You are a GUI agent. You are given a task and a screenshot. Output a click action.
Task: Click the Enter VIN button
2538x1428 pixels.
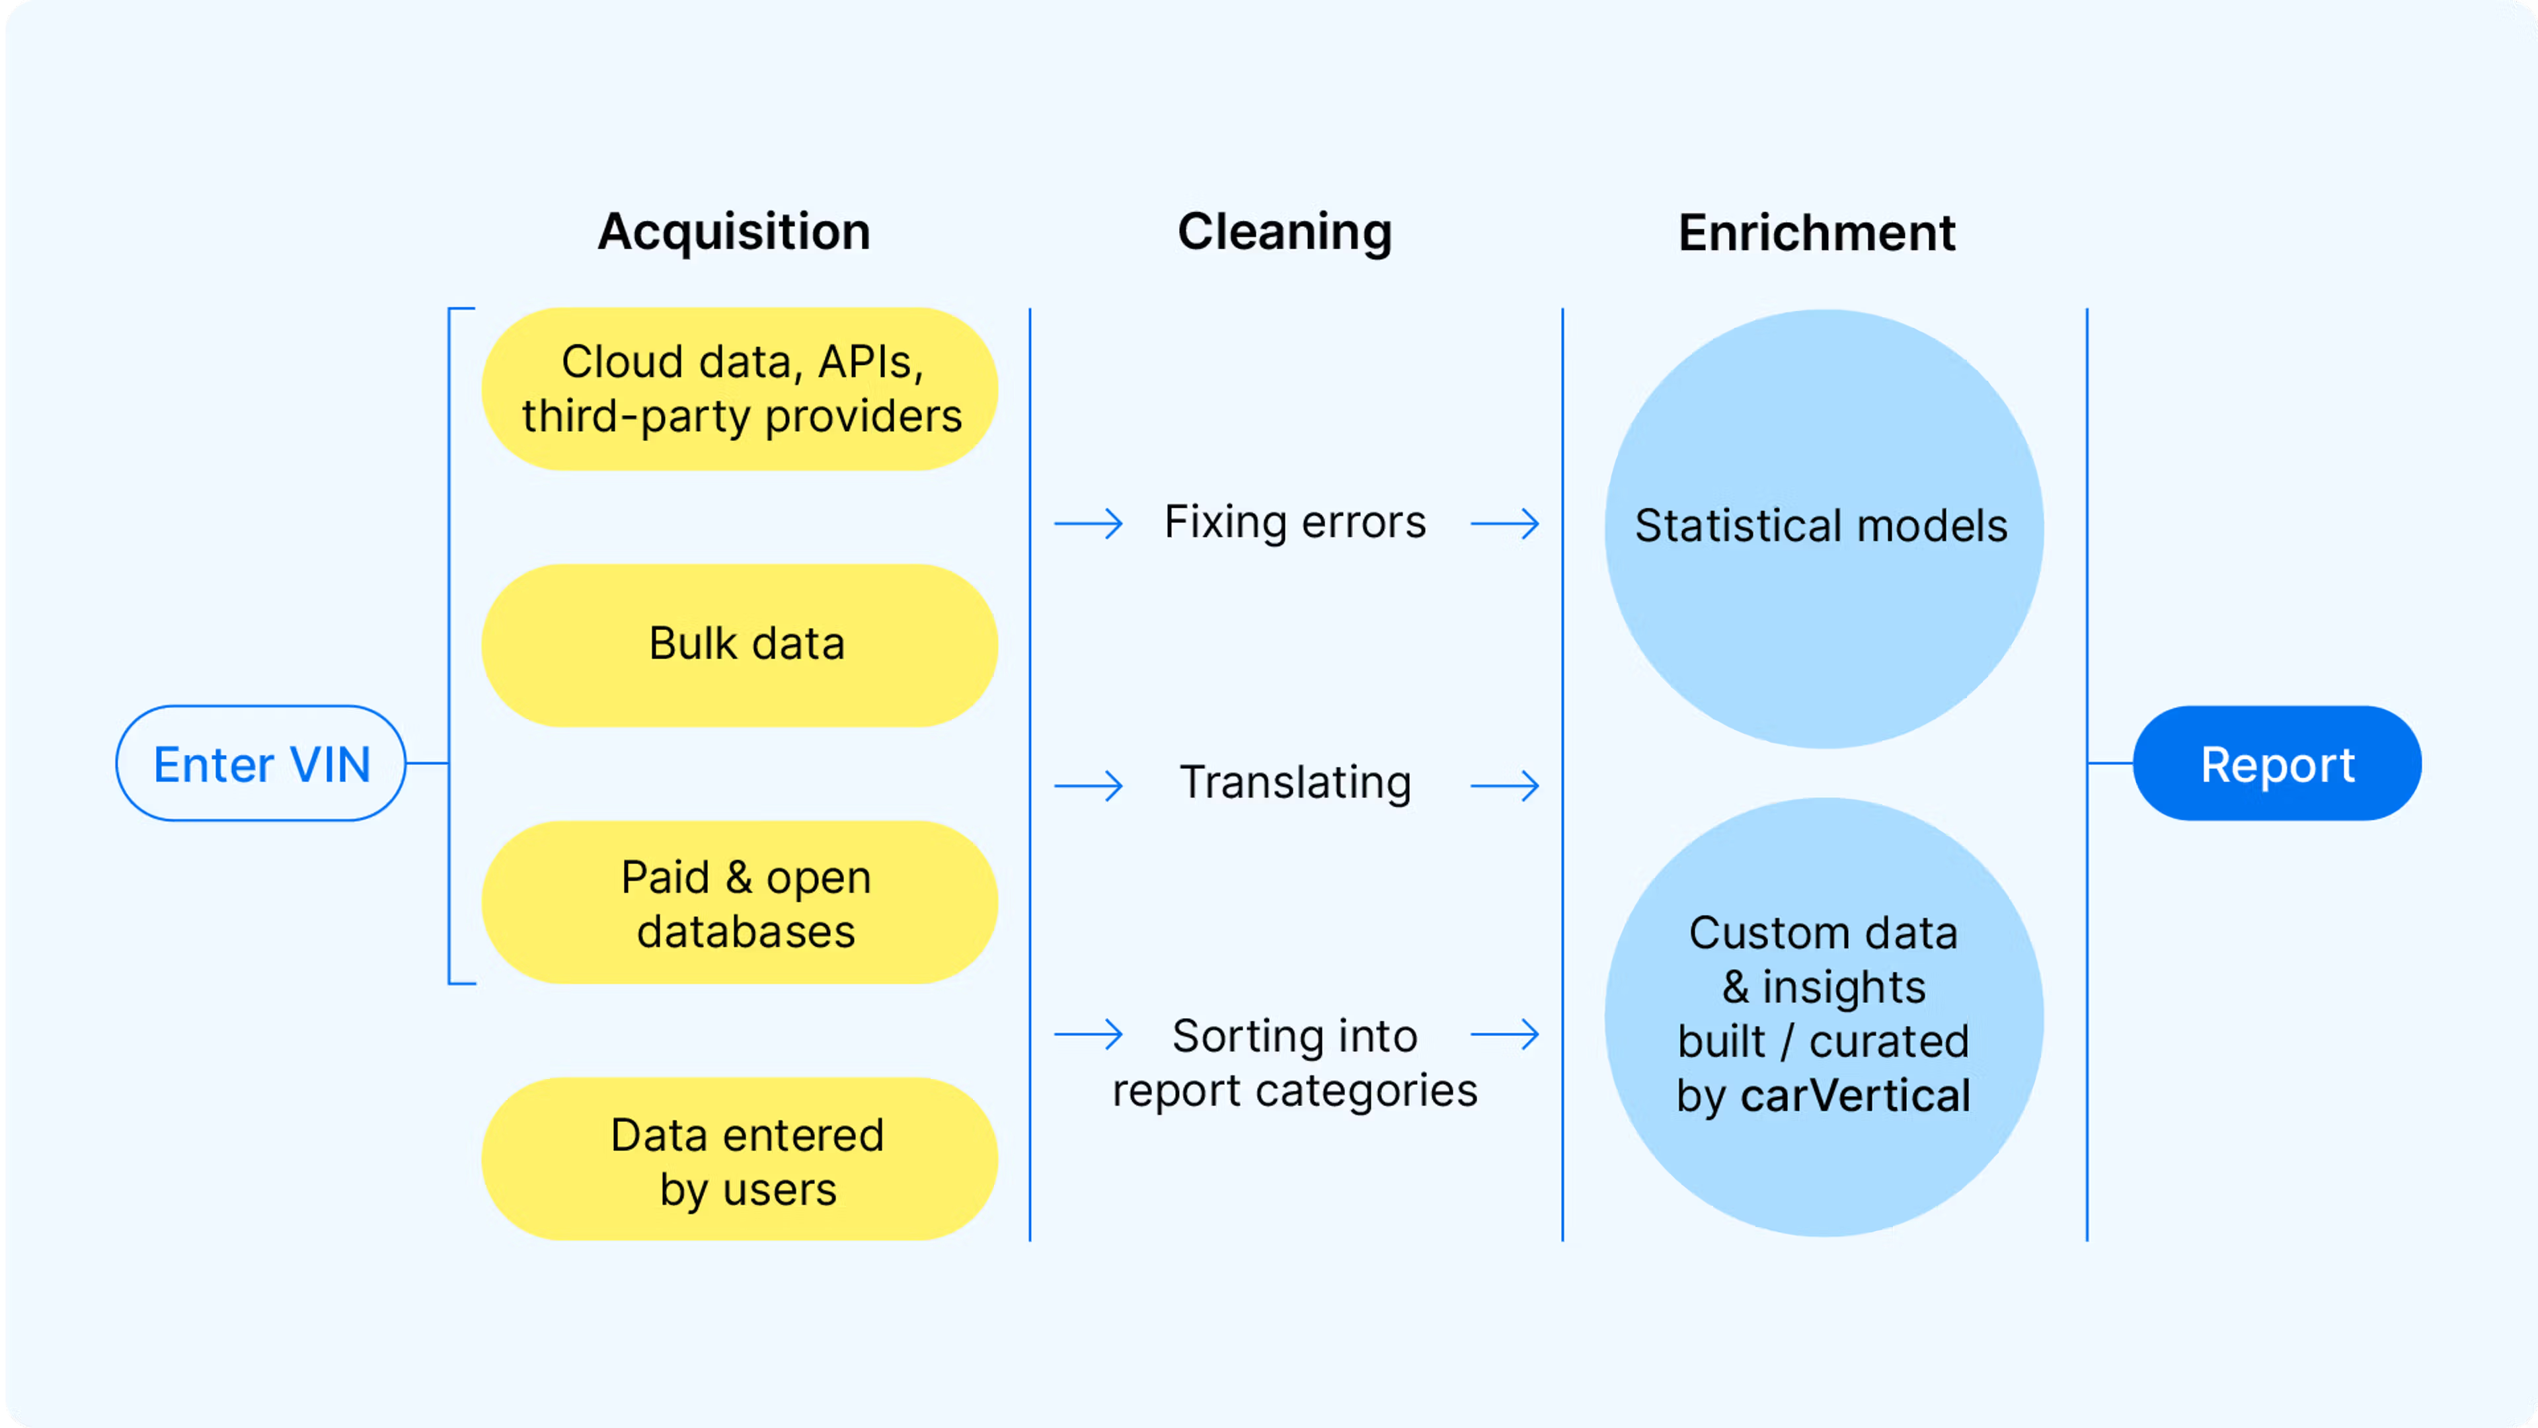261,764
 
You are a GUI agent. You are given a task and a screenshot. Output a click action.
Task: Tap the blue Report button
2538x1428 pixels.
2277,764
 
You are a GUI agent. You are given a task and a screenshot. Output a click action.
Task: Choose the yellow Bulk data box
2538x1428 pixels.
740,645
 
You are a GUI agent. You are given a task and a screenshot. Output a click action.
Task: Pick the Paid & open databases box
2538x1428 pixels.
740,902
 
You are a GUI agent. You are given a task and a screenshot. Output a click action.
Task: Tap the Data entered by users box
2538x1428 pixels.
740,1159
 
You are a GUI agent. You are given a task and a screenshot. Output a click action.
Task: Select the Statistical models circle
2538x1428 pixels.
1824,529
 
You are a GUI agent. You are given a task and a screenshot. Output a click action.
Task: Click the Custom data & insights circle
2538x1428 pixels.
1824,1017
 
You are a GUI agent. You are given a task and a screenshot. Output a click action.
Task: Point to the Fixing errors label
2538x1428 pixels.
1295,522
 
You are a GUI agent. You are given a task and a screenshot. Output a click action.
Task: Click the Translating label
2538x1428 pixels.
1295,783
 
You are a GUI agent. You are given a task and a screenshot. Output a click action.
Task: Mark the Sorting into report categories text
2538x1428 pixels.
1295,1063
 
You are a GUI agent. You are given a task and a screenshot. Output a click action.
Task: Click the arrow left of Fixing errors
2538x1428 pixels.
1089,524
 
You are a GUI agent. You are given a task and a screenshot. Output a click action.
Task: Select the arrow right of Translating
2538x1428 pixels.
1504,785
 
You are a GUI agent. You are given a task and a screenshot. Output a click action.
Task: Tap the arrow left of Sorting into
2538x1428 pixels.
1089,1035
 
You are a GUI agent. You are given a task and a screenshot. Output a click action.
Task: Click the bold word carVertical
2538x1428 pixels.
1856,1096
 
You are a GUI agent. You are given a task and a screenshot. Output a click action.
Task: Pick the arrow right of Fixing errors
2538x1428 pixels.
1504,524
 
